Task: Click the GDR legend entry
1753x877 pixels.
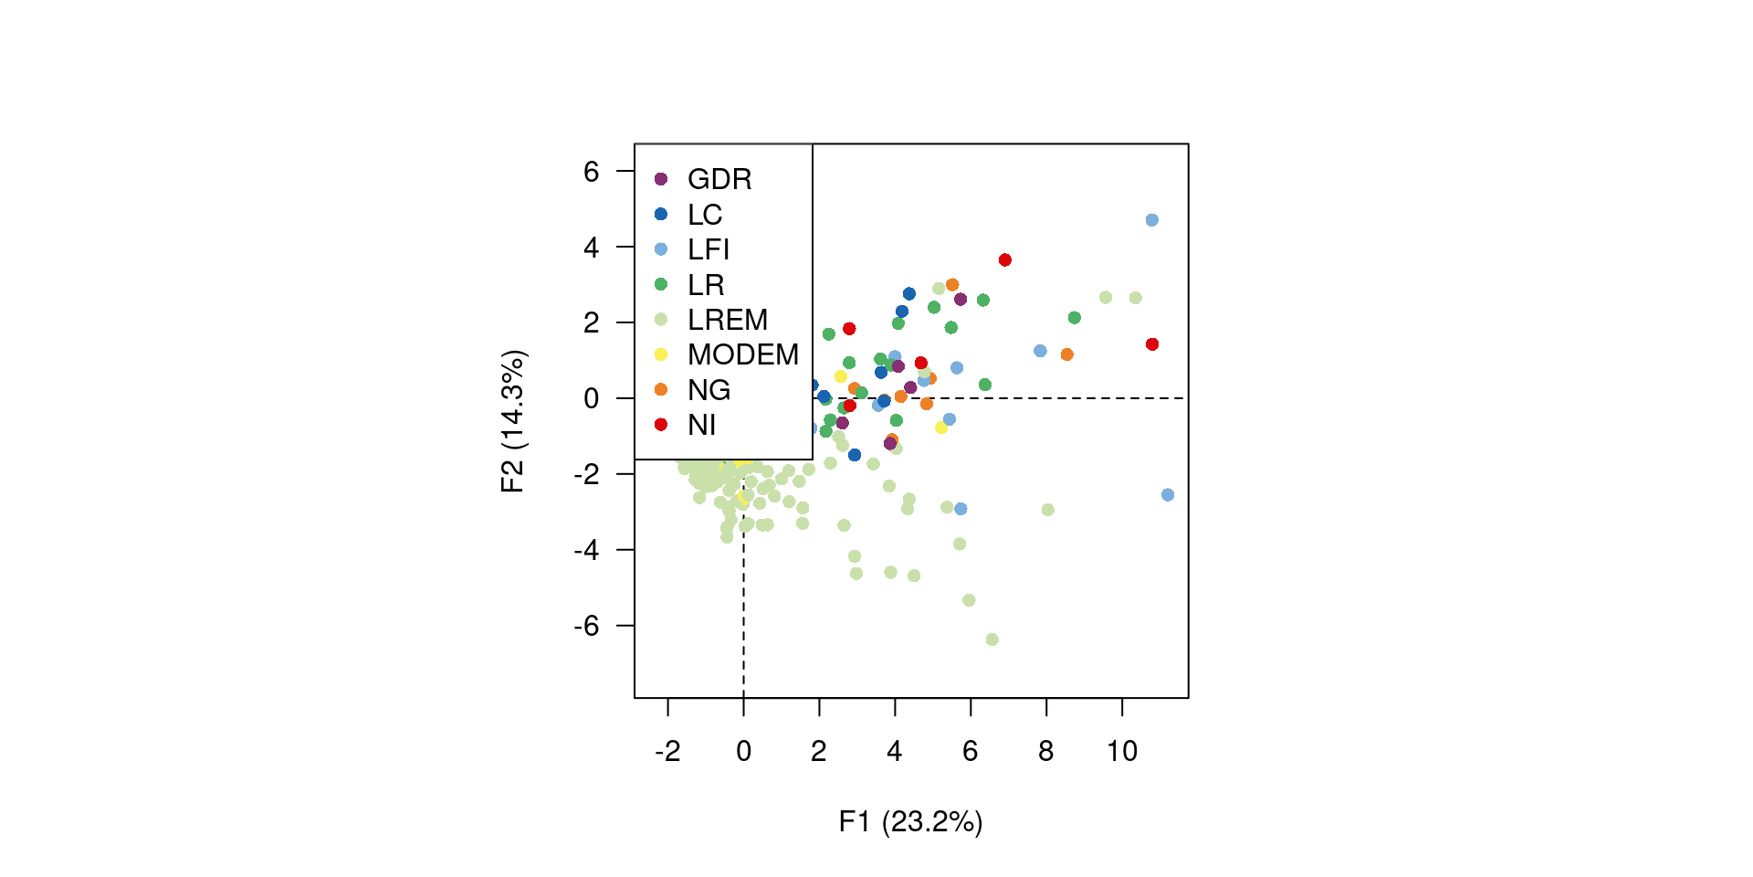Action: coord(719,179)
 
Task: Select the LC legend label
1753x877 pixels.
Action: coord(705,215)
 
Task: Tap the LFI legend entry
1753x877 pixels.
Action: coord(709,249)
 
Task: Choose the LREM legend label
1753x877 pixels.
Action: coord(728,320)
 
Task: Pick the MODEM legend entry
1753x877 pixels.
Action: coord(743,354)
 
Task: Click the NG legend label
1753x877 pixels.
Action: coord(709,390)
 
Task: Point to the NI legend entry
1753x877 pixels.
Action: coord(701,425)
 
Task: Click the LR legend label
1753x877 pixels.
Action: coord(706,285)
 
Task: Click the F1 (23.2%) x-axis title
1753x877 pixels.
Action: coord(910,822)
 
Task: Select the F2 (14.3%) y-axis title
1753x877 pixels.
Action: coord(513,421)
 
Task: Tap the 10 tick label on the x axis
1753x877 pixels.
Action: coord(1122,752)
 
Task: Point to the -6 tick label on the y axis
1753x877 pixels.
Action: coord(586,626)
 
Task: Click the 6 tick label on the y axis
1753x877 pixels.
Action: coord(592,171)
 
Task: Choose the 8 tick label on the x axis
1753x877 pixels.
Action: coord(1046,752)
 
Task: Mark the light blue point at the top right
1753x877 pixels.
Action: coord(1152,220)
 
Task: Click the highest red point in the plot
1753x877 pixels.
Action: coord(1005,260)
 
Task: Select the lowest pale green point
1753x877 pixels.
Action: coord(992,639)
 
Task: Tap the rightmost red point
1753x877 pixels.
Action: coord(1152,344)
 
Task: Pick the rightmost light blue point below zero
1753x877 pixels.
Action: coord(1168,495)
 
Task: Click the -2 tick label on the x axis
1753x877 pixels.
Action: coord(667,752)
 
